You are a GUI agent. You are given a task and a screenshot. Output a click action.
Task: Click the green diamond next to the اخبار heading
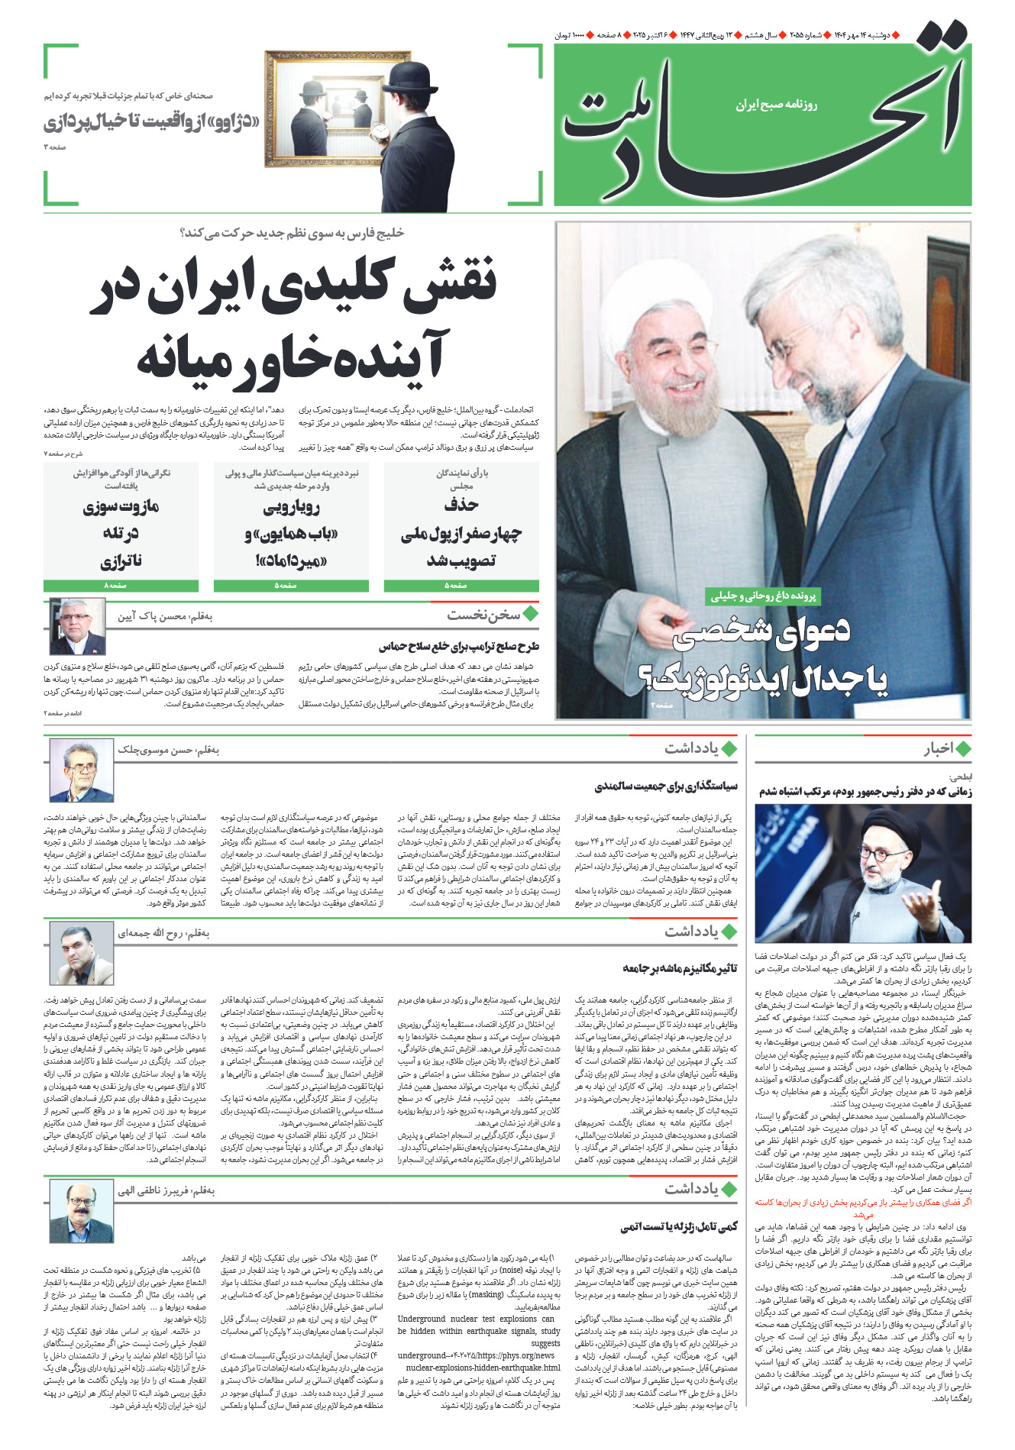point(963,748)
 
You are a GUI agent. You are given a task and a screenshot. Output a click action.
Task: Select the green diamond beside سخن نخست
point(530,613)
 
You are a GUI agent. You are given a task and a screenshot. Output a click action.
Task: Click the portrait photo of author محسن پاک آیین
point(77,627)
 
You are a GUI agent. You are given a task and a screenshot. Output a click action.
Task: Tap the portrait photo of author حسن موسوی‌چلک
point(81,770)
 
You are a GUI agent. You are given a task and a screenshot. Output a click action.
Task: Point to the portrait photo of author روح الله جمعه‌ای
point(81,952)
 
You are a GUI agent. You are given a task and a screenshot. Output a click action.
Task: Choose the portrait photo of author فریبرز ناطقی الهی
point(81,1211)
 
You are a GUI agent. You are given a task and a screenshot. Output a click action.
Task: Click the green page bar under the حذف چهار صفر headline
point(461,586)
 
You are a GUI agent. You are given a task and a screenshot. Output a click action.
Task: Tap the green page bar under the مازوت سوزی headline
point(121,586)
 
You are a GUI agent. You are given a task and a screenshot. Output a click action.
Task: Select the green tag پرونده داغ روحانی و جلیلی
point(763,596)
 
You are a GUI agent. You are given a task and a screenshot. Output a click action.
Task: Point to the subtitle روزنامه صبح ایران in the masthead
point(776,105)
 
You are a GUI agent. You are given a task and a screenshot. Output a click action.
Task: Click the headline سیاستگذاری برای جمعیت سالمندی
point(666,786)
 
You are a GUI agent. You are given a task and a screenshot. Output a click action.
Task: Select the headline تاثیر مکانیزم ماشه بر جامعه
point(680,968)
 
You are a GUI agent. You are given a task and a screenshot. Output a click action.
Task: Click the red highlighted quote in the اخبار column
point(863,1207)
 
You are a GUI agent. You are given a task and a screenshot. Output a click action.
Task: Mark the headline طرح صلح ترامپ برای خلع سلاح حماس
point(458,646)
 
